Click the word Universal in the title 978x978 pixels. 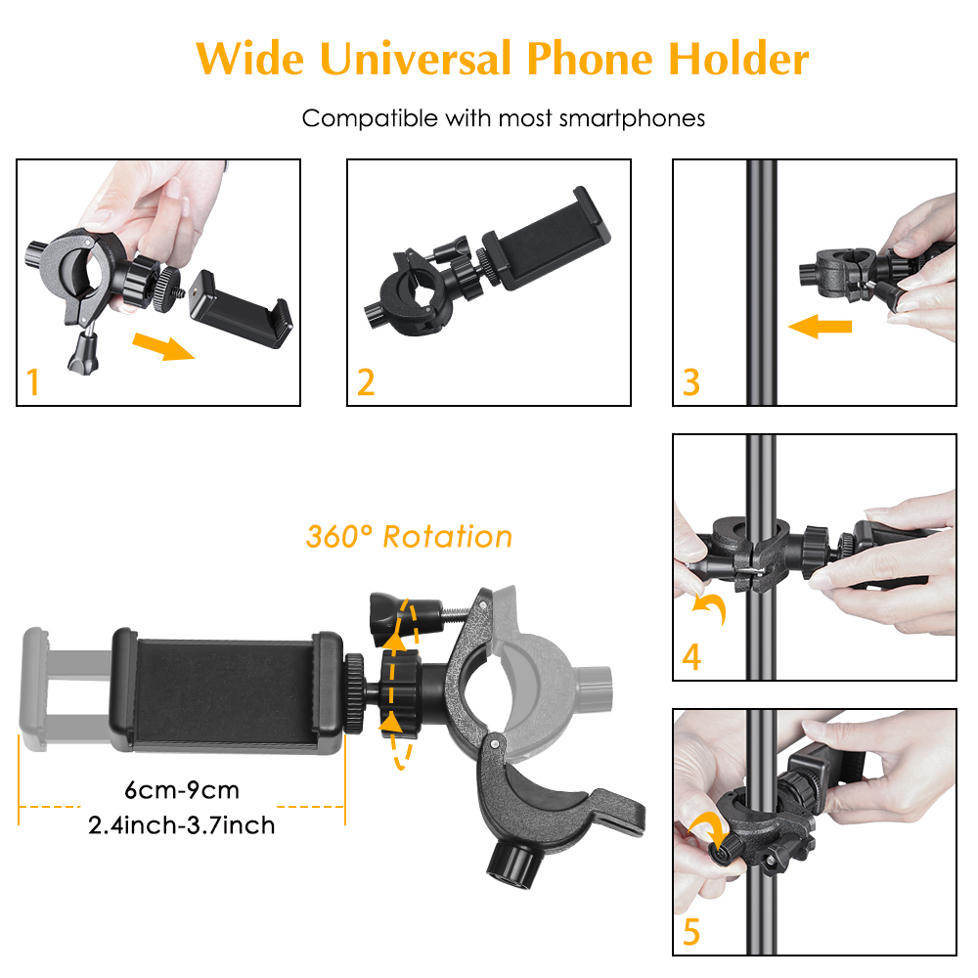click(x=416, y=60)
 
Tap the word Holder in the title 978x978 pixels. click(x=738, y=60)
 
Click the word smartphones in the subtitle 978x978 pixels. click(x=632, y=118)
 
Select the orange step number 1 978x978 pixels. click(x=33, y=381)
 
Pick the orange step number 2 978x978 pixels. click(x=366, y=381)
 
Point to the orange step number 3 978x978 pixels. click(x=691, y=381)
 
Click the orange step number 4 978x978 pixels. click(x=691, y=656)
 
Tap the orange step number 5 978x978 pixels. click(x=691, y=932)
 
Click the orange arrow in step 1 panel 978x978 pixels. click(x=163, y=346)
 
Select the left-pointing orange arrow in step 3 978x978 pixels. click(x=821, y=327)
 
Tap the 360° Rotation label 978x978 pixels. click(x=409, y=536)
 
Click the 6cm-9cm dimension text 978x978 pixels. click(x=182, y=790)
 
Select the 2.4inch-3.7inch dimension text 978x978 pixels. click(x=182, y=825)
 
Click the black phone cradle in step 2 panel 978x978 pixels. click(x=547, y=241)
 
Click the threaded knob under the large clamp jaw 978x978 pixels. click(x=512, y=864)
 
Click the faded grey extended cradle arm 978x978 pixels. click(x=66, y=689)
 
